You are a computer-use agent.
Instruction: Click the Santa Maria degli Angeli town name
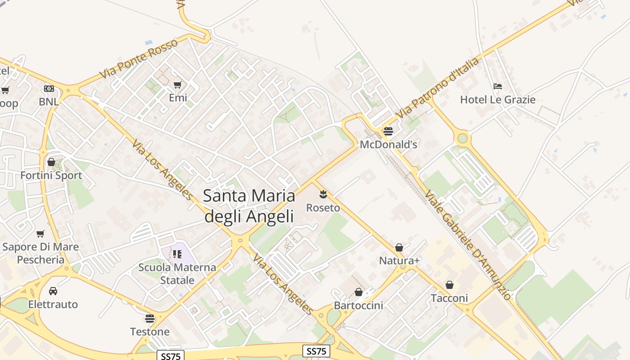(249, 206)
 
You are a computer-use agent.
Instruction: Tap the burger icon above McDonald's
(388, 131)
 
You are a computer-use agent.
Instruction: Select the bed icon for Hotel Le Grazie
(498, 86)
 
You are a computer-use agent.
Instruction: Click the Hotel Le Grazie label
(498, 99)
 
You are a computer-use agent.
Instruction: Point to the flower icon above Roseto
(323, 194)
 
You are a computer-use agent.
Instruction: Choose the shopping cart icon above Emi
(178, 85)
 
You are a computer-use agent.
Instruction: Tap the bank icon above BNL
(49, 89)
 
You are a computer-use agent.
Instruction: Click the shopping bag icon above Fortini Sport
(51, 162)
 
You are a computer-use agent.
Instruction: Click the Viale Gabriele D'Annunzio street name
(468, 245)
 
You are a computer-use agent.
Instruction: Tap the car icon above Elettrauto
(53, 291)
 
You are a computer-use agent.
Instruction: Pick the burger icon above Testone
(150, 319)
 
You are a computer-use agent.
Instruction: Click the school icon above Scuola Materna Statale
(177, 254)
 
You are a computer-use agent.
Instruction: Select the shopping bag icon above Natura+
(399, 247)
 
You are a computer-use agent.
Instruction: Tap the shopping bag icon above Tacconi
(449, 285)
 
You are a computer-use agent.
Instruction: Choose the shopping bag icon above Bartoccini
(359, 292)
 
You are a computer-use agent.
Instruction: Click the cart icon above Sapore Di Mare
(40, 234)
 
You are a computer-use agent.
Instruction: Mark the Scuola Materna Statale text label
(177, 274)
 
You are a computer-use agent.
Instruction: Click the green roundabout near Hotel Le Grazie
(462, 138)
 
